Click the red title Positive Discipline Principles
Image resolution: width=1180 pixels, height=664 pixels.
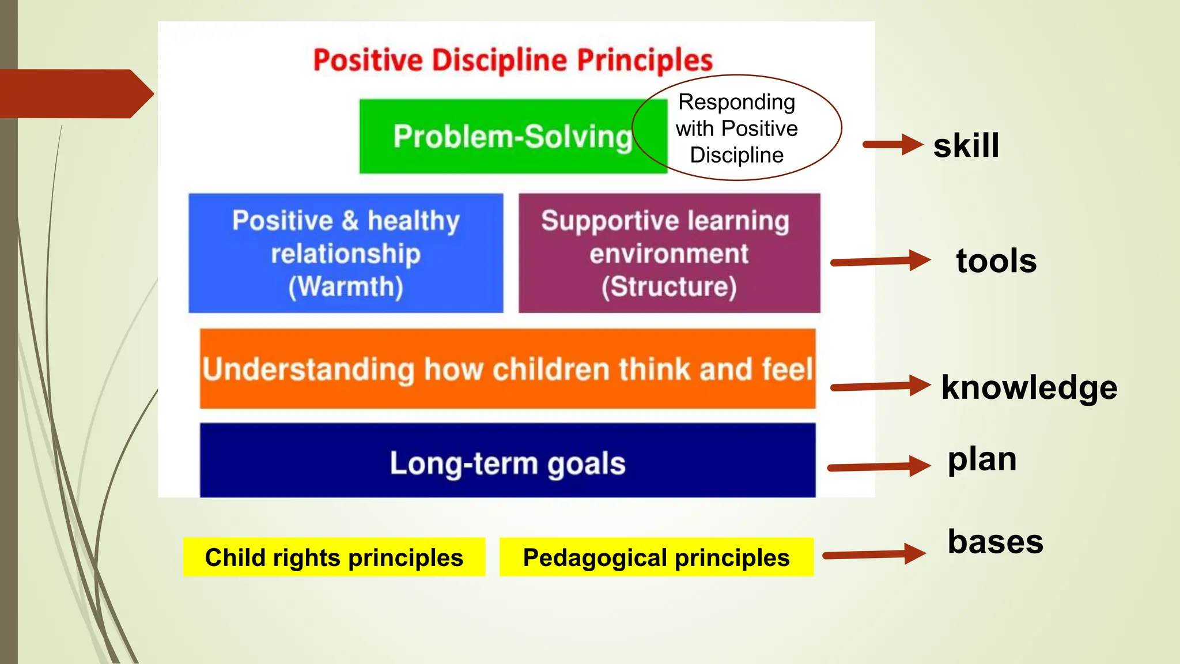(513, 60)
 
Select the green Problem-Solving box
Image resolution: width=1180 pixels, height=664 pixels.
(496, 137)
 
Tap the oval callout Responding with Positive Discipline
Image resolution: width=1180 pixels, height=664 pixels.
(737, 128)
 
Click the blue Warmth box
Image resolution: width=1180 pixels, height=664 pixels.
(346, 254)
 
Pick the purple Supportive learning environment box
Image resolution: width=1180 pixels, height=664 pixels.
(669, 254)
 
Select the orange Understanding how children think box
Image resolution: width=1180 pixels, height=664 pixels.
(507, 369)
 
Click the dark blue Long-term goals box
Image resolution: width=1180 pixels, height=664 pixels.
(507, 461)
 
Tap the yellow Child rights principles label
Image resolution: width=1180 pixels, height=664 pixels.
(334, 557)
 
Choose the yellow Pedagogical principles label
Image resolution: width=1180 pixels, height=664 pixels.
(656, 557)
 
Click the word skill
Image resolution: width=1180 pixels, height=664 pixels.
(966, 145)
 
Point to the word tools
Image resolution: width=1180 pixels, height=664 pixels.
(996, 261)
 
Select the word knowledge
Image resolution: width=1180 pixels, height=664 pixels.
(1029, 387)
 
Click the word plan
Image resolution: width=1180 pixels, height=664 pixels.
(982, 459)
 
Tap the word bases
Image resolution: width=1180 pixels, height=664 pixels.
(995, 542)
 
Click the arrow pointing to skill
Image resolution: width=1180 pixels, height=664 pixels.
(893, 145)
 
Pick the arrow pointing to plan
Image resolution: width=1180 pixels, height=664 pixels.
(879, 466)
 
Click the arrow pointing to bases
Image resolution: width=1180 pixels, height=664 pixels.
(874, 554)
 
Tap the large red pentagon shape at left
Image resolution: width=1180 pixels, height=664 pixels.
(75, 94)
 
